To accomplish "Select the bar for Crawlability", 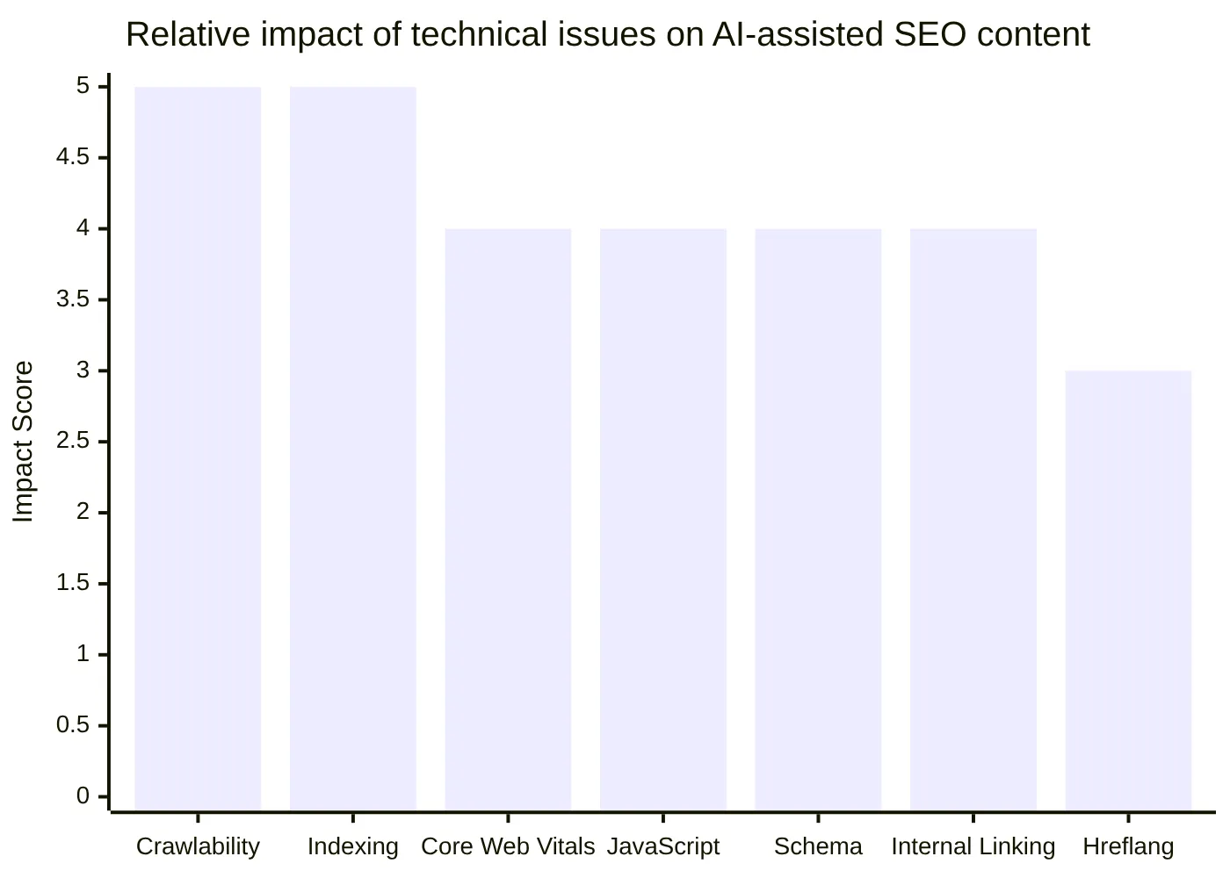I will tap(198, 448).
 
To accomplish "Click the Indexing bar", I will tap(352, 448).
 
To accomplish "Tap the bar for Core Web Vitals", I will tap(508, 518).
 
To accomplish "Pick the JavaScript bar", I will tap(663, 518).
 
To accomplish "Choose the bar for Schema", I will tap(818, 518).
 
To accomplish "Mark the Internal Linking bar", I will tap(973, 518).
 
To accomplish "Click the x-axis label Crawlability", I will tap(198, 846).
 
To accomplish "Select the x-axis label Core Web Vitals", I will tap(508, 846).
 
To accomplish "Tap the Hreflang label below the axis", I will tap(1128, 846).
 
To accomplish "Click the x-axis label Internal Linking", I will tap(973, 846).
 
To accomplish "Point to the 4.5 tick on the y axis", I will tap(73, 157).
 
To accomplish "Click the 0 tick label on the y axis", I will tap(83, 796).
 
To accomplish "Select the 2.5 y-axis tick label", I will tap(73, 441).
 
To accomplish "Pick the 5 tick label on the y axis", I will tap(83, 86).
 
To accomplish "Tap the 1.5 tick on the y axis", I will tap(73, 583).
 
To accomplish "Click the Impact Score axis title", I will tap(24, 442).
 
